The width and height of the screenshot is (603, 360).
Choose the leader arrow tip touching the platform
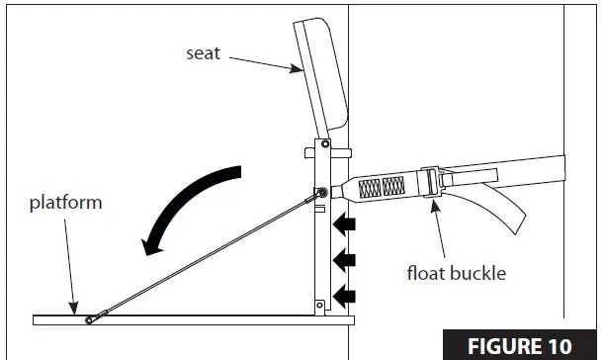(74, 313)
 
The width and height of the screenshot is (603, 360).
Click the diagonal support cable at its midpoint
(207, 255)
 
